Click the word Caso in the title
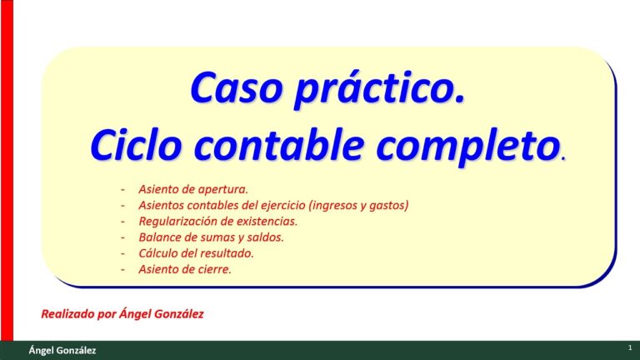click(237, 88)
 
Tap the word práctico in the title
click(380, 90)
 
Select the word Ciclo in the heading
click(136, 145)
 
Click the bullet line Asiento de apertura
click(193, 189)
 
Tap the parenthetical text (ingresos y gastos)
click(359, 205)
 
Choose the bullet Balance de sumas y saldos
click(212, 237)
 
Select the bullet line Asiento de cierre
click(185, 269)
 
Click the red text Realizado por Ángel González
click(122, 314)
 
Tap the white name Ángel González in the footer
click(62, 350)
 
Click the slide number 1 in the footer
click(630, 347)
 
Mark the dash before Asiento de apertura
click(122, 190)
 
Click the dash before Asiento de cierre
click(122, 270)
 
